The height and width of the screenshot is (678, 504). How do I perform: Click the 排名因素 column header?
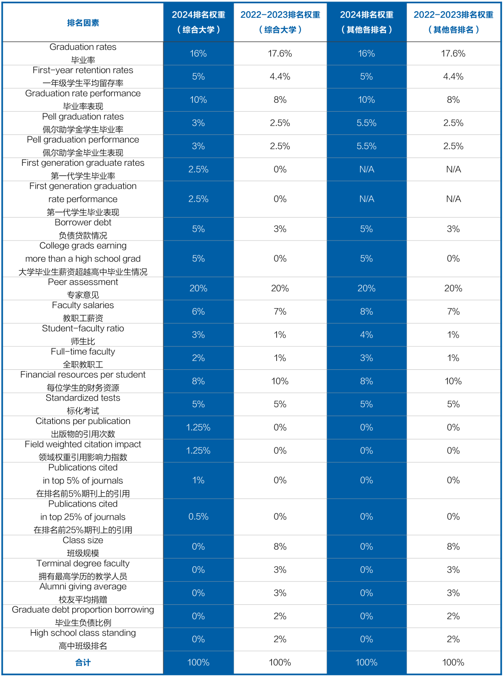[83, 23]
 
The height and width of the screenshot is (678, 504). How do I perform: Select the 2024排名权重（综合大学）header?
[198, 22]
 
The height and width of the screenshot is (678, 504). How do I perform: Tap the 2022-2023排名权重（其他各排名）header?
[453, 22]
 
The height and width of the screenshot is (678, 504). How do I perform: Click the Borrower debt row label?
[83, 229]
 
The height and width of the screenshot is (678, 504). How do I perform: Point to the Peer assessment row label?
[83, 288]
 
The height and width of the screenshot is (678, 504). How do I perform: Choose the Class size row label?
[83, 546]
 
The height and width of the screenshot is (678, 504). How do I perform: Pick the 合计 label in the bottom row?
[83, 662]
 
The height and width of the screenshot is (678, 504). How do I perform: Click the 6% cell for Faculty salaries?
[198, 311]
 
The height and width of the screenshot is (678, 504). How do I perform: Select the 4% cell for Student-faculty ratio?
[366, 335]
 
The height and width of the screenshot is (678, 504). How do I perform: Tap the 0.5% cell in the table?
[198, 516]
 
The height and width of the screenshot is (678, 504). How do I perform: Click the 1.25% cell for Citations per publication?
[198, 427]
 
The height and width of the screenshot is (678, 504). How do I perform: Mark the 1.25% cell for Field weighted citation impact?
[198, 451]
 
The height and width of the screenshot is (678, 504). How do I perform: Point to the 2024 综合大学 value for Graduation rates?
[198, 54]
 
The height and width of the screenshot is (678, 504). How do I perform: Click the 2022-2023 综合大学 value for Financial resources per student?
[280, 381]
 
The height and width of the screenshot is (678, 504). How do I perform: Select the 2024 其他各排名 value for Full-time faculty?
[366, 358]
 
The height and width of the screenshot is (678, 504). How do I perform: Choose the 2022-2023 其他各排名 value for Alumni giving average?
[453, 593]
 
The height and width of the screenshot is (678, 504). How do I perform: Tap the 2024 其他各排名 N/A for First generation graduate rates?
[366, 169]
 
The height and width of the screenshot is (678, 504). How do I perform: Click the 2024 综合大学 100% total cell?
[198, 662]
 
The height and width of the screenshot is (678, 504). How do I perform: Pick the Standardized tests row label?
[83, 404]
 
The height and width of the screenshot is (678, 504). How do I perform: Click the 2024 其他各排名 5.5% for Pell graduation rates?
[366, 123]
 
